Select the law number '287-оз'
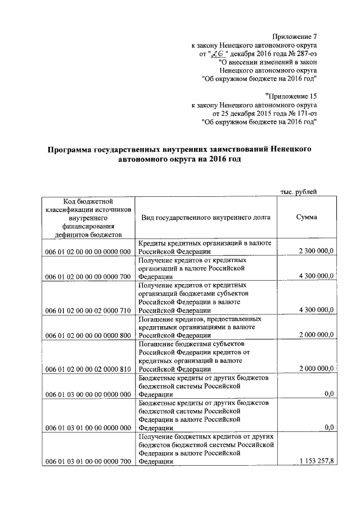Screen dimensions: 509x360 (306, 53)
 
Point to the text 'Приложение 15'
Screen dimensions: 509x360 (293, 96)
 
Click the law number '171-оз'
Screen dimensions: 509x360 (306, 113)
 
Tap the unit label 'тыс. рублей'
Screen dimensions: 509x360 (299, 191)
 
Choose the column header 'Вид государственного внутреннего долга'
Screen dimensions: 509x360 (206, 217)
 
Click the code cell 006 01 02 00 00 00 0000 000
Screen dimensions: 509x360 (87, 251)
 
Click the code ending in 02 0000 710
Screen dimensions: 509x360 (87, 310)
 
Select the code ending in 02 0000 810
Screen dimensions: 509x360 (87, 369)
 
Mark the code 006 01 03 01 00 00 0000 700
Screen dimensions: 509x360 (87, 461)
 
